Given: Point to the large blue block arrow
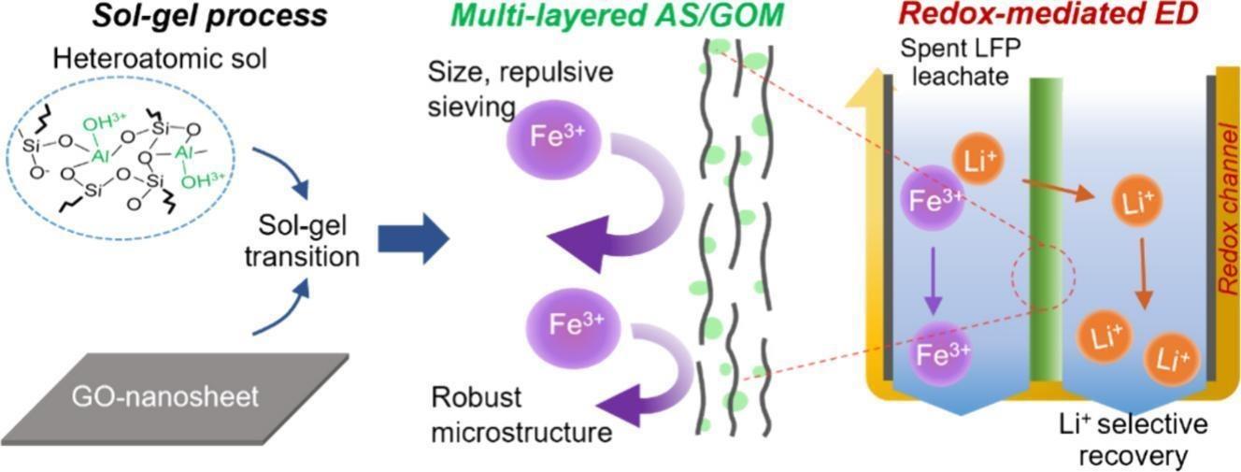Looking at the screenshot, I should [x=412, y=238].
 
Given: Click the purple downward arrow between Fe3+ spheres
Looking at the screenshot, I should [x=931, y=281].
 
